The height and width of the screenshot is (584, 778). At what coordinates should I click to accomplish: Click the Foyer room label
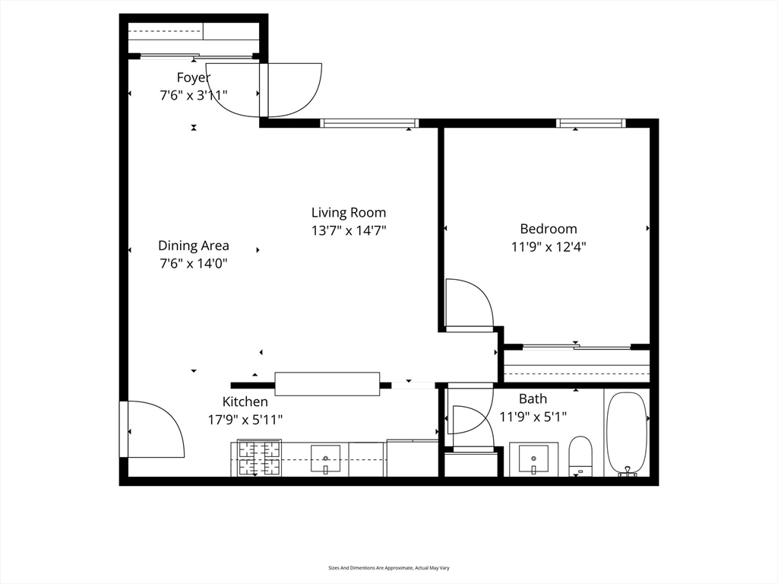[194, 78]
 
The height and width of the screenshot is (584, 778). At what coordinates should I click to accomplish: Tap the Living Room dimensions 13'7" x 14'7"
[349, 231]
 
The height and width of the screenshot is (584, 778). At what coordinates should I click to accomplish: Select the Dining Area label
[194, 246]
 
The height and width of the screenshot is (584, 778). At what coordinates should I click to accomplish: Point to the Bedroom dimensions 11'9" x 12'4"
[549, 247]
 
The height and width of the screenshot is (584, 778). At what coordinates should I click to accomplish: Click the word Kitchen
[245, 401]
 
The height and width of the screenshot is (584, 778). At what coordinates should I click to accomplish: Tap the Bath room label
[533, 398]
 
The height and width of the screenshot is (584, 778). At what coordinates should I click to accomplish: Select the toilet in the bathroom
[580, 456]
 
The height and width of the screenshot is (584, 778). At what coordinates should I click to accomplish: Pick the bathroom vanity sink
[533, 459]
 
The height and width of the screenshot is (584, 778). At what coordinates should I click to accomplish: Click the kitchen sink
[325, 459]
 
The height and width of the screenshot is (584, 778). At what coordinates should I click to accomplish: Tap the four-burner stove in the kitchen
[260, 458]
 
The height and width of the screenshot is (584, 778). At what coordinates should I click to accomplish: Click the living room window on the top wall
[369, 123]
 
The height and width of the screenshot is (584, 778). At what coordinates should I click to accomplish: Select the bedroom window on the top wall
[590, 123]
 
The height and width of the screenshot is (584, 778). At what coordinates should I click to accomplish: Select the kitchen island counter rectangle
[327, 384]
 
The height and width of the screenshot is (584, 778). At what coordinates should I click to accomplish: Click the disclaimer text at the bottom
[389, 567]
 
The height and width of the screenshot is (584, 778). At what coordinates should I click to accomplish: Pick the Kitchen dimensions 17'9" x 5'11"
[245, 420]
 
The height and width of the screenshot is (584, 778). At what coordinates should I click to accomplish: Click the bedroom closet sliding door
[577, 347]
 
